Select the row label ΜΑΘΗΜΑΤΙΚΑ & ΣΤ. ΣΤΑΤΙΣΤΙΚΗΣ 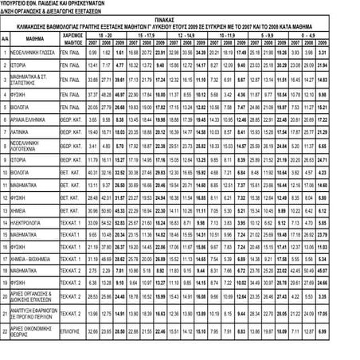pos(33,80)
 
